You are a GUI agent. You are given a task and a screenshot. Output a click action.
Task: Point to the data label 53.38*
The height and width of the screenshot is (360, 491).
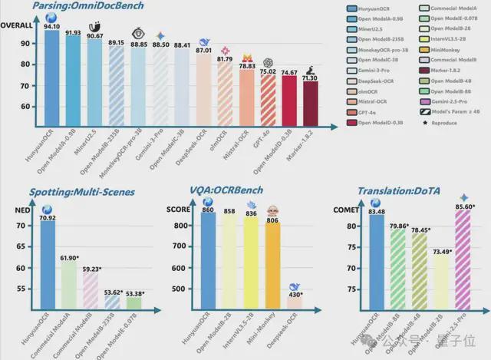pyautogui.click(x=135, y=292)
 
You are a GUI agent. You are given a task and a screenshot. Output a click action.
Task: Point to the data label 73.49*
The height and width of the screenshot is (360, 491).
pyautogui.click(x=440, y=251)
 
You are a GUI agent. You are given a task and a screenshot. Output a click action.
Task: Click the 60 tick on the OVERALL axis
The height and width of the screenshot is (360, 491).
pyautogui.click(x=25, y=107)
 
